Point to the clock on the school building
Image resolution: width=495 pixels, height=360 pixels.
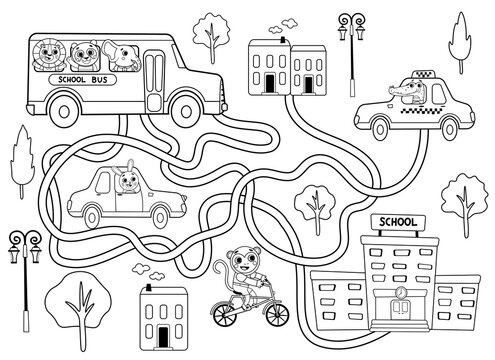399,292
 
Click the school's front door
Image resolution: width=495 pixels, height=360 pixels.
399,333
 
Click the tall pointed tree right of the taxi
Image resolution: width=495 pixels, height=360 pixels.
462,45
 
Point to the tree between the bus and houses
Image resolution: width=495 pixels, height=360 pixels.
211,32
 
